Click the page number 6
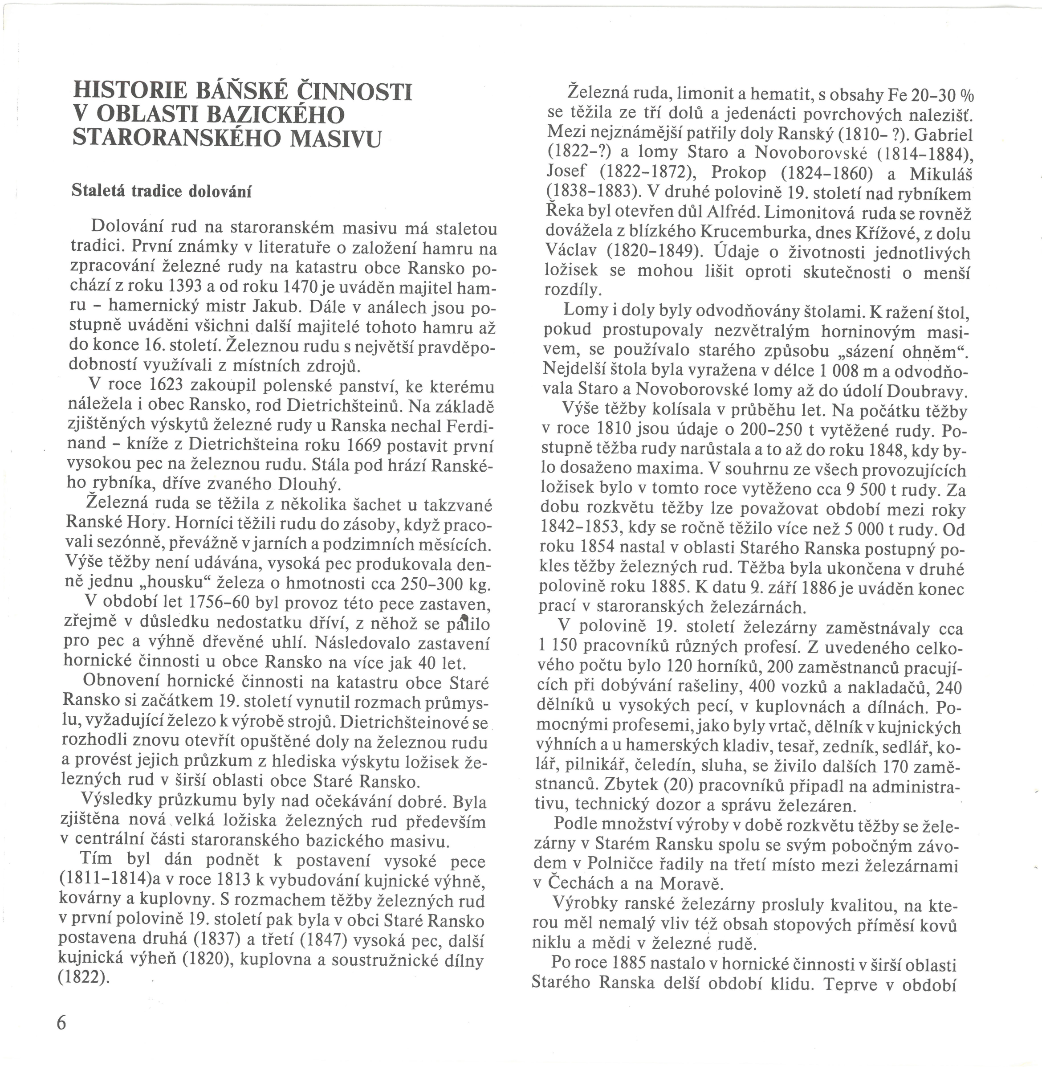(61, 1022)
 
